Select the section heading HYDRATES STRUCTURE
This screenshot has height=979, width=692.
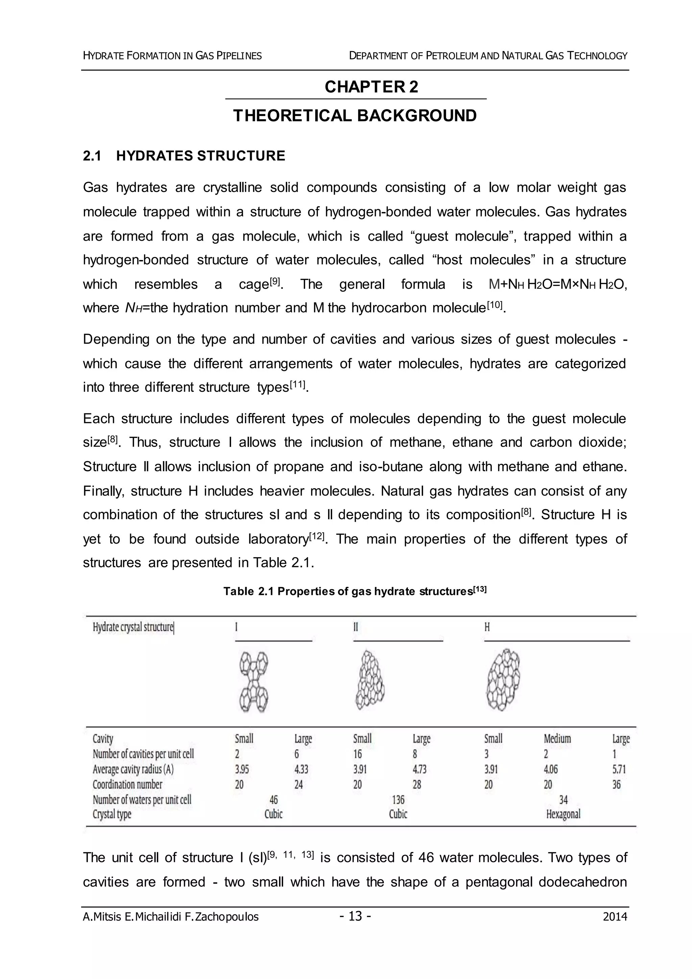coord(200,156)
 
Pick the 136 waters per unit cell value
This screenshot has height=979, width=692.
coord(398,799)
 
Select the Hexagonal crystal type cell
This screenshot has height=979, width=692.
coord(563,814)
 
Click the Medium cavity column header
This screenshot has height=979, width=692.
coord(557,739)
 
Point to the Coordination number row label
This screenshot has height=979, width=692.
coord(127,785)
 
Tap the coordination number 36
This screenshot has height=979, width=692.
coord(616,785)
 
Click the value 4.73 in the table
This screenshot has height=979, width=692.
coord(419,769)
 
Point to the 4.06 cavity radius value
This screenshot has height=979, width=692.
coord(550,769)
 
